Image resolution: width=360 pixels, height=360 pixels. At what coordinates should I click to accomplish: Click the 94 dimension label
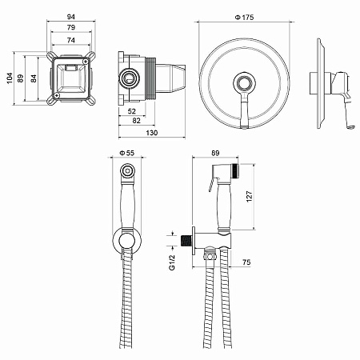pos(70,17)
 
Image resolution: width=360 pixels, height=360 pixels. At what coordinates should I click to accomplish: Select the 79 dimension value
pos(71,27)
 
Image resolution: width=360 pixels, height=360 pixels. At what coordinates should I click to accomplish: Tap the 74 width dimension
pos(71,40)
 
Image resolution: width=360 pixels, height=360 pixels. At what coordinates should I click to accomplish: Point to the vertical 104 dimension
pos(10,78)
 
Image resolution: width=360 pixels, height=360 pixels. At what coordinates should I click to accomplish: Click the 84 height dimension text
pos(34,78)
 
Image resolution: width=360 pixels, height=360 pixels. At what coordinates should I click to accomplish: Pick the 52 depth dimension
pos(132,111)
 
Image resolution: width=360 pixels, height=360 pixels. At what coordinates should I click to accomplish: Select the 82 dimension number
pos(136,121)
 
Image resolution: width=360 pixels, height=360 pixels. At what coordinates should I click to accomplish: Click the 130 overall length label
pos(152,133)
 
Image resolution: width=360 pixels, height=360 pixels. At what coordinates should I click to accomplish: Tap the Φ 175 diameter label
pos(244,18)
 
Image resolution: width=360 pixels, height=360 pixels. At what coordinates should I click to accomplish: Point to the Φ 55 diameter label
pos(127,153)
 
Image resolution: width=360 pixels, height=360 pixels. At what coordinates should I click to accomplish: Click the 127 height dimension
pos(250,197)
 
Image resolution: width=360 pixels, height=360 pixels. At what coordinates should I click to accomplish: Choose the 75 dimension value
pos(246,262)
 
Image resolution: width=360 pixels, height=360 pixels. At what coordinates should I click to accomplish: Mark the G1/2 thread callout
pos(172,262)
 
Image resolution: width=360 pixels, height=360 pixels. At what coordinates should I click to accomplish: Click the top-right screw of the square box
pos(86,62)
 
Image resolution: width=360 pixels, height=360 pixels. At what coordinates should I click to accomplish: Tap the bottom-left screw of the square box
pos(56,95)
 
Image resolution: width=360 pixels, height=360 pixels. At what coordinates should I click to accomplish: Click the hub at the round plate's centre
pos(244,82)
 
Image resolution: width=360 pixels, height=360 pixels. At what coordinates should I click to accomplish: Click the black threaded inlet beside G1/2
pos(186,241)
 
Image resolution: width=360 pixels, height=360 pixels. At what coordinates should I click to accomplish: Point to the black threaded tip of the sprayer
pos(234,170)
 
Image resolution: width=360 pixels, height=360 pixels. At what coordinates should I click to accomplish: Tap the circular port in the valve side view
pos(129,78)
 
